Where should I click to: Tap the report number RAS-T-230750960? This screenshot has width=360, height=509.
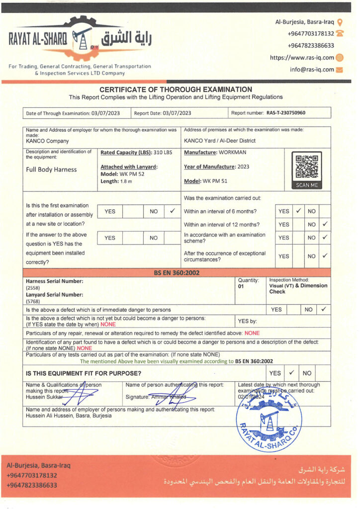click(286, 113)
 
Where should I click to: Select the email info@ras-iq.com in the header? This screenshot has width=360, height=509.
click(312, 70)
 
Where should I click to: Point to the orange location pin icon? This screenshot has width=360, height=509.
click(340, 22)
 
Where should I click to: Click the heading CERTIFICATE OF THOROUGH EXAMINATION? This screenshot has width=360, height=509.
click(176, 89)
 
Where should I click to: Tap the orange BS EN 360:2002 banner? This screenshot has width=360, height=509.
click(177, 272)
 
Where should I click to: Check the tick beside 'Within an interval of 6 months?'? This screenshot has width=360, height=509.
click(298, 211)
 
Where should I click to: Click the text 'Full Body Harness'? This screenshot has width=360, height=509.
click(51, 170)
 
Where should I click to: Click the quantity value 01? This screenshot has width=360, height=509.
click(242, 287)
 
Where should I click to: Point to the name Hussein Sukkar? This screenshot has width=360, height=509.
click(45, 397)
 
